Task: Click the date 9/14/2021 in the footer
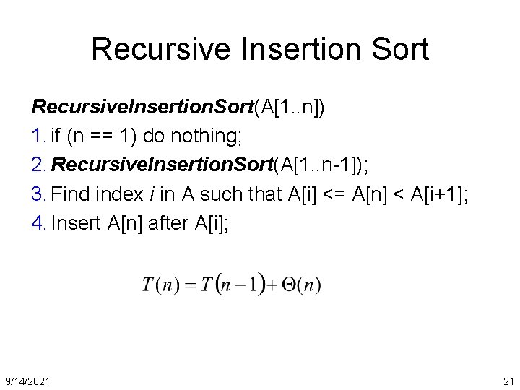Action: tap(27, 381)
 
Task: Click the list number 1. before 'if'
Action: tap(39, 136)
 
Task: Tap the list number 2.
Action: tap(40, 165)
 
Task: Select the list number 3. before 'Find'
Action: tap(40, 194)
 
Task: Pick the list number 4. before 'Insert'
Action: tap(40, 223)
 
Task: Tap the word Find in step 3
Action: tap(70, 194)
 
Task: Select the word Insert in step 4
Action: tap(77, 223)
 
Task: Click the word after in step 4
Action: tap(170, 223)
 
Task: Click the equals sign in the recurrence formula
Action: tap(191, 285)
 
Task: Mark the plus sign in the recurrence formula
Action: tap(272, 285)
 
